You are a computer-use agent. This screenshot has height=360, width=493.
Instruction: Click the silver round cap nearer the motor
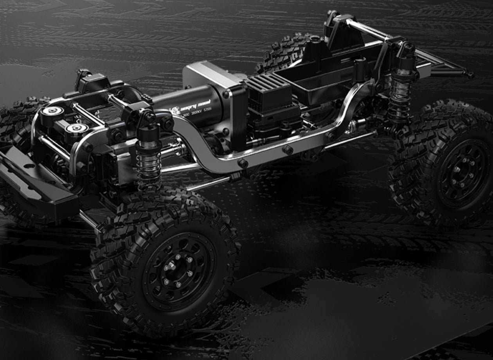pyautogui.click(x=76, y=128)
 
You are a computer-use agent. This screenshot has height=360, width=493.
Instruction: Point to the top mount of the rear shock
pyautogui.click(x=405, y=51)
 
